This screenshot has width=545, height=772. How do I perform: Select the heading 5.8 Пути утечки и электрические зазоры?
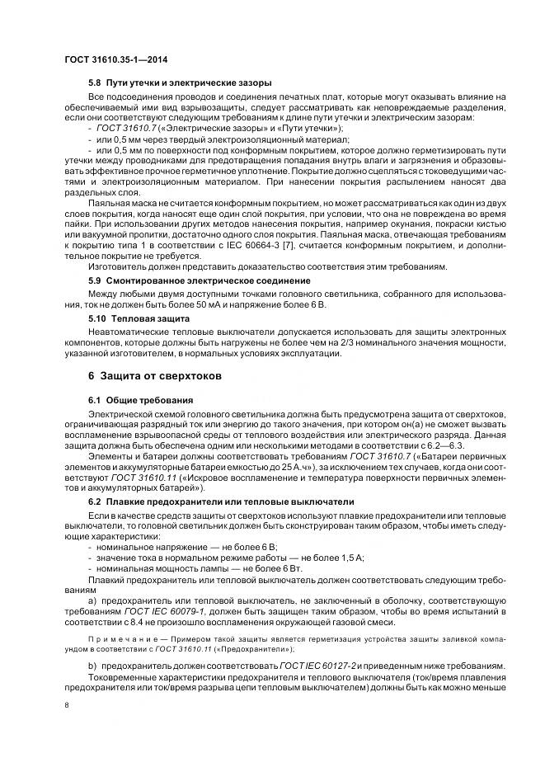(180, 83)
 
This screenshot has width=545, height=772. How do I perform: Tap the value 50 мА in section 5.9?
(237, 304)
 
